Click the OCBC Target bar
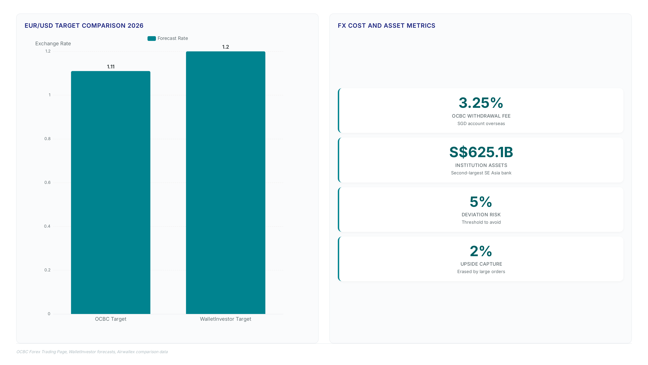(x=111, y=192)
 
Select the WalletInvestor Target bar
(x=226, y=183)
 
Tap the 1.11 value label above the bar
(x=111, y=67)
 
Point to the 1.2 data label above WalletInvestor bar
(x=226, y=47)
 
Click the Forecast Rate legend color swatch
(x=152, y=38)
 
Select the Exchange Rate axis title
(x=53, y=44)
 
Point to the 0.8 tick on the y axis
(x=48, y=139)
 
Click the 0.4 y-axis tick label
(x=47, y=226)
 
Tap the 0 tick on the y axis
(x=49, y=314)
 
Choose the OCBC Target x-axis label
(x=111, y=319)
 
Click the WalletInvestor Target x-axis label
(x=226, y=319)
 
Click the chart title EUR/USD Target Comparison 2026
(x=84, y=26)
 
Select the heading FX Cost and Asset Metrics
(x=386, y=26)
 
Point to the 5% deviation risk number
(x=481, y=202)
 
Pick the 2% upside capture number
(x=481, y=251)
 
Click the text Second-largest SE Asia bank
(x=481, y=173)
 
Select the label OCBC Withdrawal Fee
(x=481, y=116)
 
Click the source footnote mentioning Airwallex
(x=92, y=352)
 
